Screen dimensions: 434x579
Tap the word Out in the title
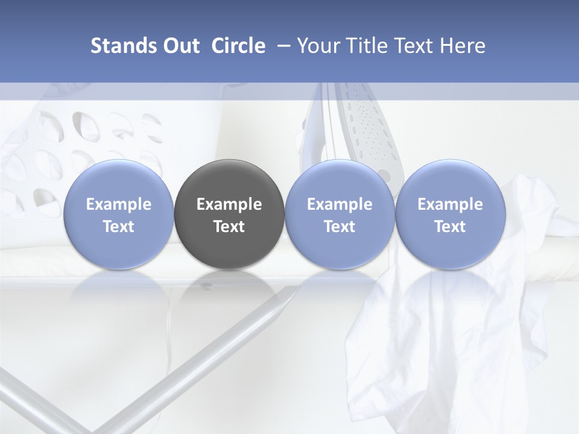click(x=180, y=46)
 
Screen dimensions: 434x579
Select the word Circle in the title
click(x=238, y=46)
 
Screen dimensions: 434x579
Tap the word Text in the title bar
click(x=413, y=46)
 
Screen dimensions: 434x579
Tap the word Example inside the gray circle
click(x=229, y=204)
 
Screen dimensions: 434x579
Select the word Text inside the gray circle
click(x=229, y=227)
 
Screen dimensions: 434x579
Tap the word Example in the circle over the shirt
click(x=450, y=204)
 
